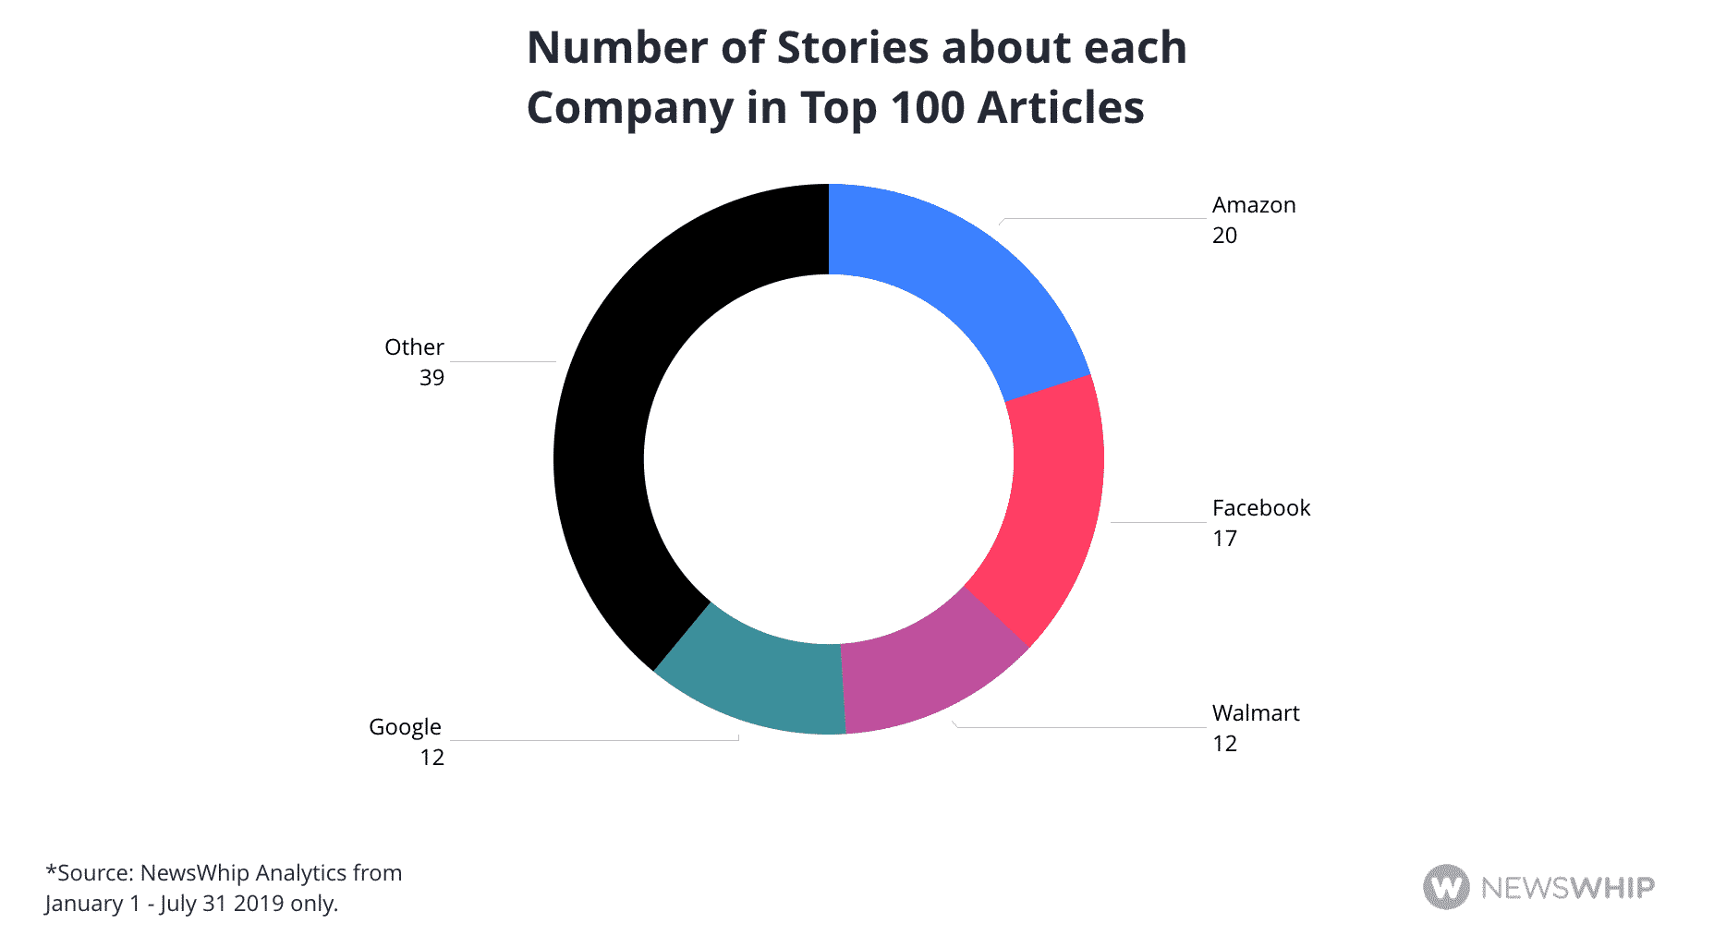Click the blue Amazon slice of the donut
coord(952,277)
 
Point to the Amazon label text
coord(1254,205)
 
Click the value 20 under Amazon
coord(1224,236)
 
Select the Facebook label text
coord(1260,508)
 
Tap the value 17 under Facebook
coord(1224,539)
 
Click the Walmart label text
coord(1255,713)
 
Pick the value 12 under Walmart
coord(1224,744)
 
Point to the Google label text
coord(405,727)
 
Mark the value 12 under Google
coord(431,758)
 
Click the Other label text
coord(414,347)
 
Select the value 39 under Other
coord(431,378)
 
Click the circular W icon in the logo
coord(1446,887)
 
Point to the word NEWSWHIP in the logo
coord(1567,888)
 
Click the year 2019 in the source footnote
coord(259,904)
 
